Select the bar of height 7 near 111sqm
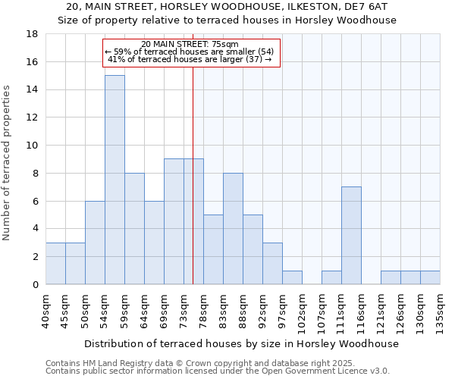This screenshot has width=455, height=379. tap(351, 235)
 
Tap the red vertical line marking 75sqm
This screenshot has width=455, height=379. tap(193, 189)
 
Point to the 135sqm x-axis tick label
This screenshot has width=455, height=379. tap(440, 313)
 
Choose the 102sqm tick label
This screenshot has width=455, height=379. tap(302, 313)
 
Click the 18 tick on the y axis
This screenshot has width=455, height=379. tap(32, 34)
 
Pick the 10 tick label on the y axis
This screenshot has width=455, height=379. tap(32, 146)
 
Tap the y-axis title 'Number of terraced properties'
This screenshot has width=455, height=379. tap(8, 163)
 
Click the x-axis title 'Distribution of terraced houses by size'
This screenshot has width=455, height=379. tap(241, 343)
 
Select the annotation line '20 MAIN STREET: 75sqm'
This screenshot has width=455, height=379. tap(190, 44)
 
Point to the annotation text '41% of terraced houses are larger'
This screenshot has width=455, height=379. tap(190, 59)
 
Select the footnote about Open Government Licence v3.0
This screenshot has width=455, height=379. tap(218, 371)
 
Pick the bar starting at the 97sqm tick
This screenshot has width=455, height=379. tap(292, 277)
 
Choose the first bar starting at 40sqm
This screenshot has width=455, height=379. tap(55, 263)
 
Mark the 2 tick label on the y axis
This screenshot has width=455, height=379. tap(35, 257)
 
